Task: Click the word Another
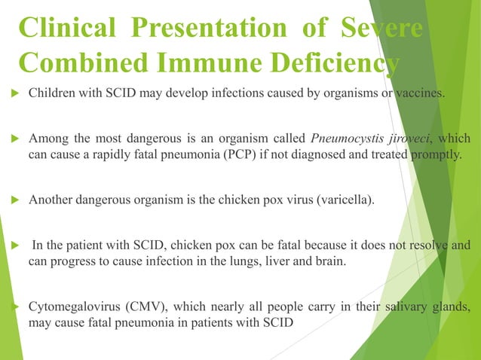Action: tap(51, 200)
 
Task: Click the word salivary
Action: tap(405, 307)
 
